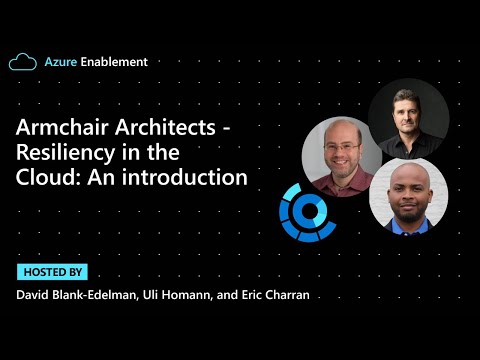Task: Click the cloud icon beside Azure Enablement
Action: [x=22, y=62]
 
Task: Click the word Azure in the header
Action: [x=60, y=62]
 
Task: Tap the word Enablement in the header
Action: [x=114, y=62]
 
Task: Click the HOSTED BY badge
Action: [x=52, y=272]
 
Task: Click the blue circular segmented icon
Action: [x=308, y=212]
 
